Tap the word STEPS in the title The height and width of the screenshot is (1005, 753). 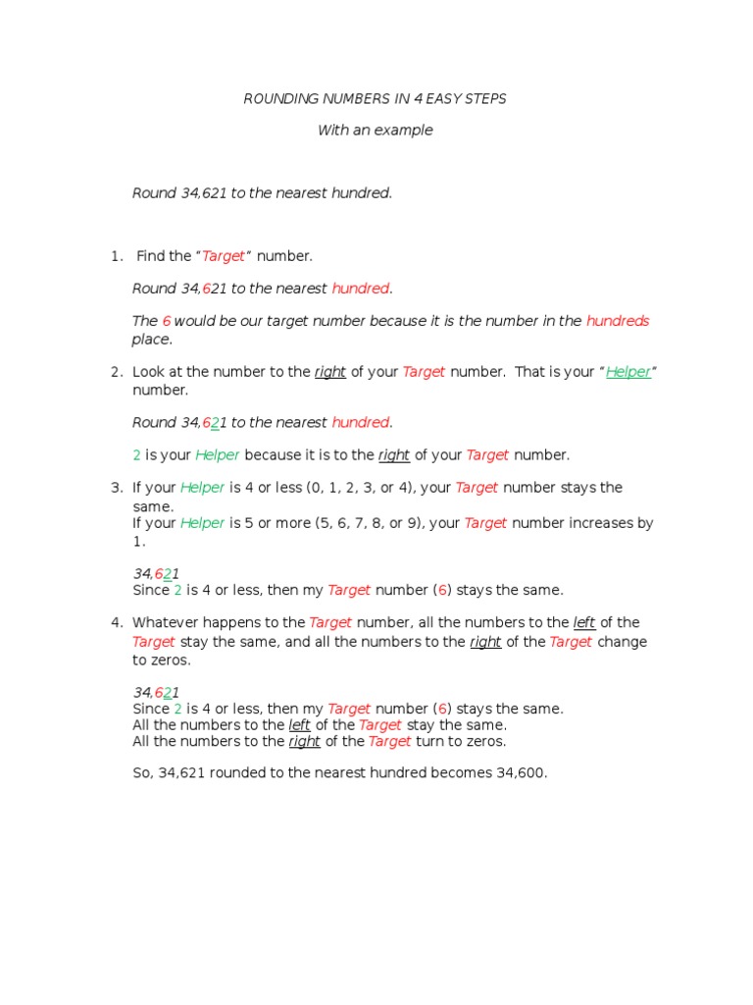point(486,99)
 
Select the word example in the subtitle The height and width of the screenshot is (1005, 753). point(404,131)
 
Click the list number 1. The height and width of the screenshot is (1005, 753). point(116,256)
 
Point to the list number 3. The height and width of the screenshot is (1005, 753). point(116,488)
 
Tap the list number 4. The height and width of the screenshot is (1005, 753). point(116,622)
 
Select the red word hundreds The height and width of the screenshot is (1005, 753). point(618,321)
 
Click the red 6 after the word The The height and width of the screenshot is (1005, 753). point(167,321)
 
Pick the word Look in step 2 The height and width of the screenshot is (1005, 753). point(149,372)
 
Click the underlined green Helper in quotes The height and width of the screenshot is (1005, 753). point(628,372)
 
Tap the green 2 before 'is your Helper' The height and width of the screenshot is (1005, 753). point(136,455)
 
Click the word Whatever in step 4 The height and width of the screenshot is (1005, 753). point(167,622)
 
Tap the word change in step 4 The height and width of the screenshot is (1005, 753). point(622,642)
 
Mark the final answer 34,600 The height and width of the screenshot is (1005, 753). point(521,773)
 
